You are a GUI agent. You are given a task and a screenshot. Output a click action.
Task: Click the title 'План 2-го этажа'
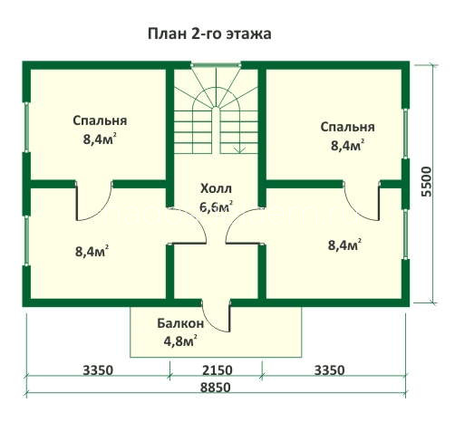click(209, 34)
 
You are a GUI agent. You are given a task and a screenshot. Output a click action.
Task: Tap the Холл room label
click(216, 188)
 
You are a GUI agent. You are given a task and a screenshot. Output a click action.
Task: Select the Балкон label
click(180, 324)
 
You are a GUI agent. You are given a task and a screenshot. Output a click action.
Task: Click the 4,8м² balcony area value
click(180, 341)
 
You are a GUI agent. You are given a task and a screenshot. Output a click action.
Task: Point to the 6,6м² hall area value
click(216, 206)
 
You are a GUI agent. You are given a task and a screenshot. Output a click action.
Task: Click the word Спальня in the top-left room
click(100, 120)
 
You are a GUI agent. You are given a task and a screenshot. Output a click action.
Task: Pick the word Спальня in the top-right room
click(347, 127)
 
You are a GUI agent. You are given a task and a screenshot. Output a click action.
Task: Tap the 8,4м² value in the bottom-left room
click(92, 252)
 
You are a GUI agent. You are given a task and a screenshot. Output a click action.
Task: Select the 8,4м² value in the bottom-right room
click(344, 245)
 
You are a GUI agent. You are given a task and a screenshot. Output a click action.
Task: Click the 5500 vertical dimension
click(427, 182)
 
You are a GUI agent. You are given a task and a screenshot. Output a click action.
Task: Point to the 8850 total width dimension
click(216, 388)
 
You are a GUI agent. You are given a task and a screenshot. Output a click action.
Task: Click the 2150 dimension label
click(218, 370)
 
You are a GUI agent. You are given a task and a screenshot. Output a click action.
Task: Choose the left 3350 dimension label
click(98, 370)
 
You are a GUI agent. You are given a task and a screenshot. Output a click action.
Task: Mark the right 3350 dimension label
click(329, 370)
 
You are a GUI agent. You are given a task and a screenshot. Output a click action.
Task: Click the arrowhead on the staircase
click(239, 150)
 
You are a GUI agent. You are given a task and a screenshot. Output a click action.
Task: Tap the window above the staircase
click(216, 64)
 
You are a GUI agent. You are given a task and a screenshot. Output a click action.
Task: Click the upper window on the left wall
click(26, 127)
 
